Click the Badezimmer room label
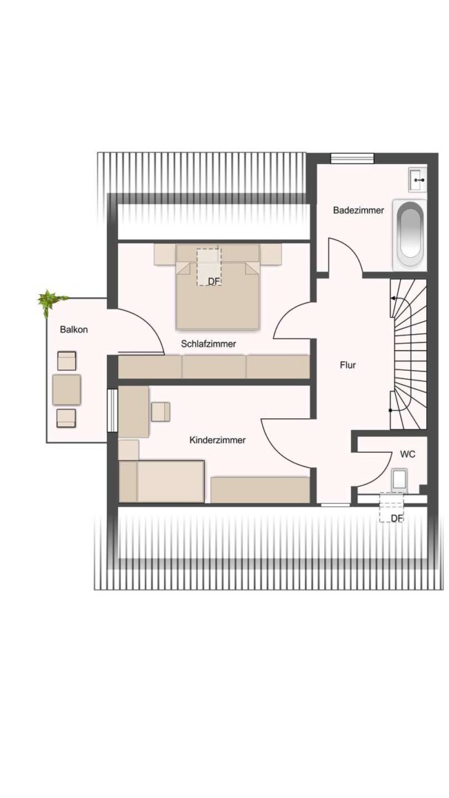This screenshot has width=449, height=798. point(358,210)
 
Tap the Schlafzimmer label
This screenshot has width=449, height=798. point(208,344)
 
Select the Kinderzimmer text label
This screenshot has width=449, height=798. point(217,440)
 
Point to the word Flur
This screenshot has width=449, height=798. point(348,365)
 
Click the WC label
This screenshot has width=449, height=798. point(408,454)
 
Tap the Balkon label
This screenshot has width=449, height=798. point(74,330)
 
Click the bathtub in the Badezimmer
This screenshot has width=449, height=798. point(411,235)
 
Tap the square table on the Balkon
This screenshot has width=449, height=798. point(66,389)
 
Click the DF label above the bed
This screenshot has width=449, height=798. point(213,281)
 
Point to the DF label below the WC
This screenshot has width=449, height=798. point(397,518)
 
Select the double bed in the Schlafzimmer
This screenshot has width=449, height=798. point(218,287)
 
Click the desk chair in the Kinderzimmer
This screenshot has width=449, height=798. point(161,412)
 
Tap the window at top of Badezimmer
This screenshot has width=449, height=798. point(352,158)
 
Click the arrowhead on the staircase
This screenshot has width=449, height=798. point(393,299)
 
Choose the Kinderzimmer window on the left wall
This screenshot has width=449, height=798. point(112,410)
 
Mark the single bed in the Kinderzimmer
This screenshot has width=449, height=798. point(161,482)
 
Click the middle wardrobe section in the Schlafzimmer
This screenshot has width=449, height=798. point(214,367)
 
